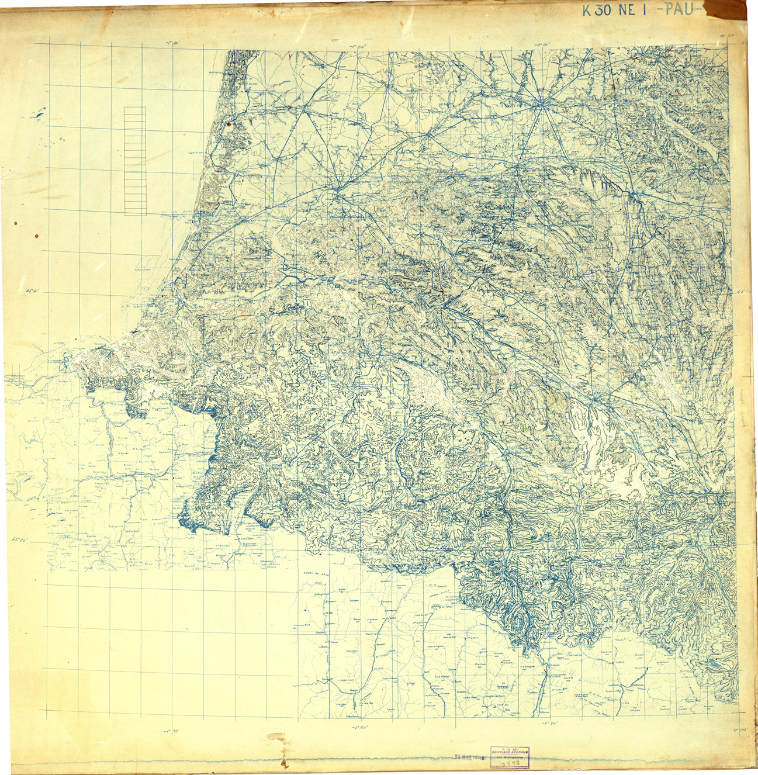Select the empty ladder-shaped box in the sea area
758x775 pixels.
point(135,161)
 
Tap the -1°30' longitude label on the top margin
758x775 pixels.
point(171,43)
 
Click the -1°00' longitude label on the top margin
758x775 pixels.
point(357,43)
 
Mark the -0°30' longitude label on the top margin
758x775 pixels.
point(544,43)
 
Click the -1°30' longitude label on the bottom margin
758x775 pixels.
point(171,729)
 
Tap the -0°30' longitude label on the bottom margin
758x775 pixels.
point(545,725)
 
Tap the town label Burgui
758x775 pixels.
point(353,690)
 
